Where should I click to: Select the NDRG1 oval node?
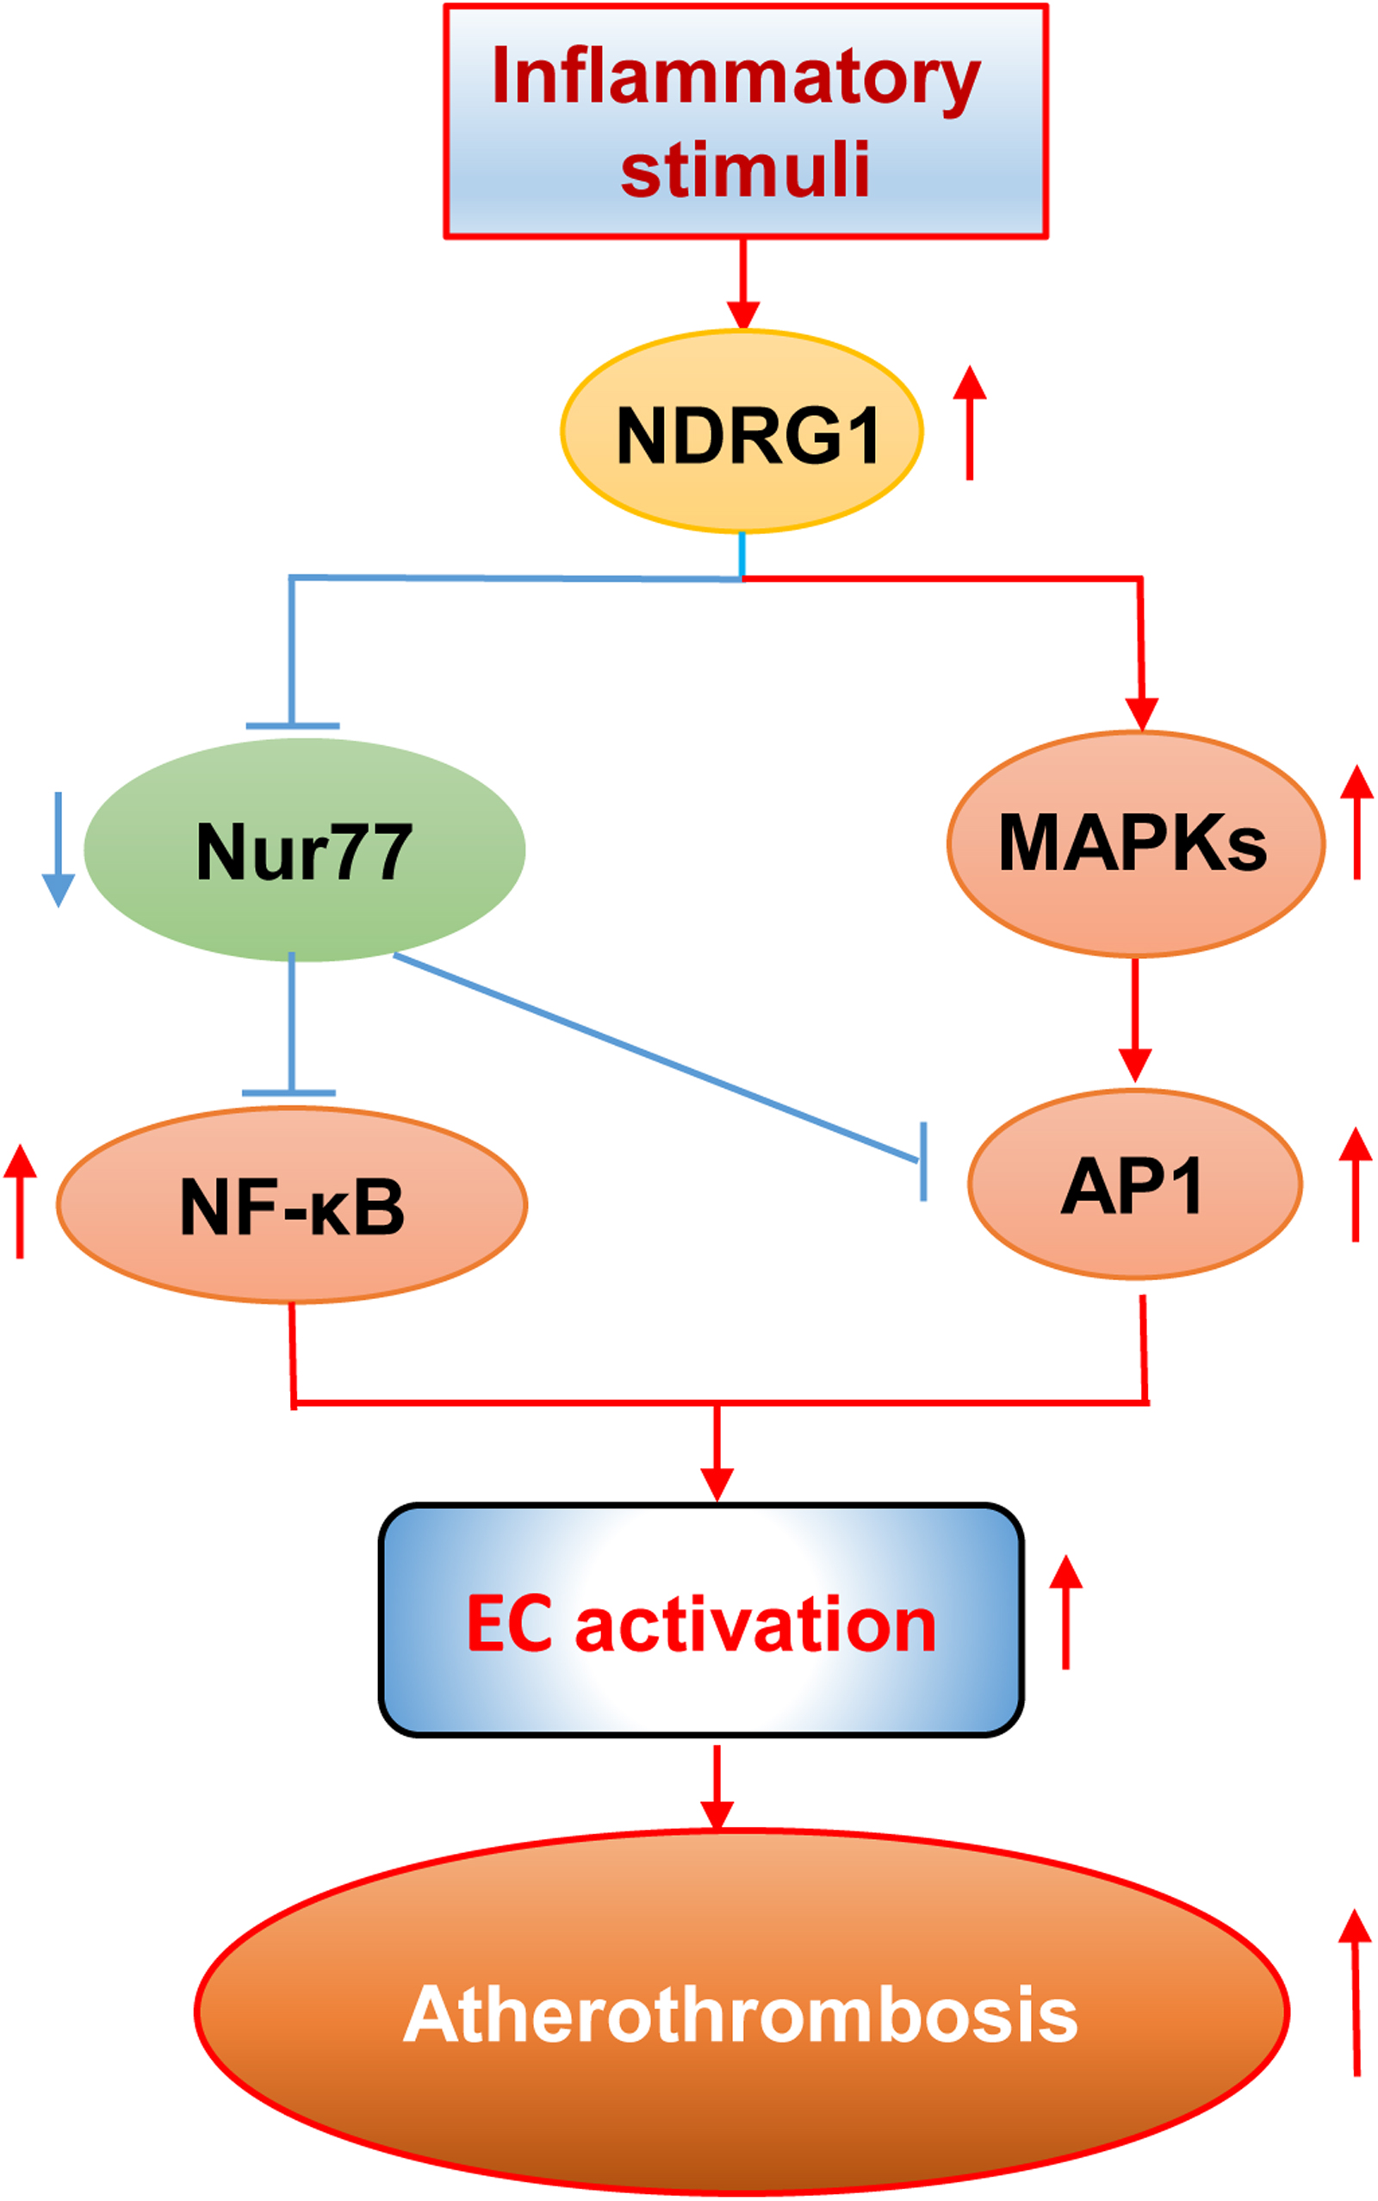tap(742, 431)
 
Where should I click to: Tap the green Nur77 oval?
tap(304, 849)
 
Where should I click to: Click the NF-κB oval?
tap(292, 1205)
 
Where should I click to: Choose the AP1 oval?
tap(1134, 1184)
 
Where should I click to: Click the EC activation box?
tap(701, 1624)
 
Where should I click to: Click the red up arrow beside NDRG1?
tap(970, 423)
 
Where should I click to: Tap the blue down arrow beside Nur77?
tap(59, 849)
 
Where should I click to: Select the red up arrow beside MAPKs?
tap(1357, 822)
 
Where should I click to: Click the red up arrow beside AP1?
tap(1356, 1184)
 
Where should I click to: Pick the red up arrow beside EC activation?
tap(1065, 1613)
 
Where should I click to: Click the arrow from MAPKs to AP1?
tap(1134, 1020)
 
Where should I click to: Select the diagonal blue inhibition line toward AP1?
tap(656, 1058)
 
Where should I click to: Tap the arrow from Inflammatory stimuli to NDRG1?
tap(743, 283)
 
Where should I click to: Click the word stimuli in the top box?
tap(746, 169)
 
